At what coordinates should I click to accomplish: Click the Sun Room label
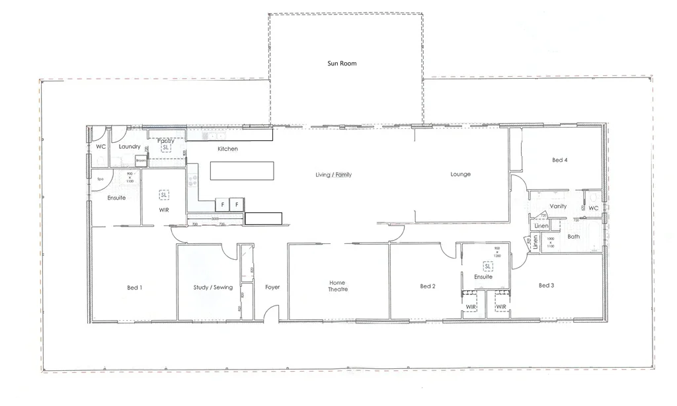342,63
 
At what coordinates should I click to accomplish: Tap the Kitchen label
227,149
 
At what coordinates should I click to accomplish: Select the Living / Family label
333,175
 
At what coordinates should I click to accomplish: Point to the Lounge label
460,175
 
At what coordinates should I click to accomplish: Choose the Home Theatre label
338,286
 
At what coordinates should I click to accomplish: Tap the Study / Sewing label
213,288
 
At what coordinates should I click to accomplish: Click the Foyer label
272,288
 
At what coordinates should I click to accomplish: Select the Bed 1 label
135,288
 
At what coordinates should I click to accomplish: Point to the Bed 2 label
427,286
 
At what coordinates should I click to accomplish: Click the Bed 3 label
546,286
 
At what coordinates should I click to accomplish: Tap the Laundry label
130,147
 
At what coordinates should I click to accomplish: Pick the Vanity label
558,206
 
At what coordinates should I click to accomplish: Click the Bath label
573,236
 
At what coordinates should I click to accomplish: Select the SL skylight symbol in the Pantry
166,147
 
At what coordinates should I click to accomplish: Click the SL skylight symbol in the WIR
163,195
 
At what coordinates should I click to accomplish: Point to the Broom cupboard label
141,161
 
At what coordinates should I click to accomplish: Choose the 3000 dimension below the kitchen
215,219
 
